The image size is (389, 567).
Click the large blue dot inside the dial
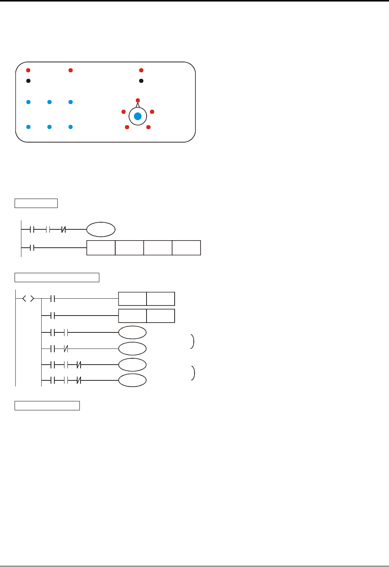(x=138, y=116)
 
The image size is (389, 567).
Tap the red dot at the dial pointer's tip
(x=138, y=100)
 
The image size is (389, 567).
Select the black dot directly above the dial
(x=141, y=81)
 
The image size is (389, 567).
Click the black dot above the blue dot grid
(x=28, y=81)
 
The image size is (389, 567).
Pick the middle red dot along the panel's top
(x=70, y=70)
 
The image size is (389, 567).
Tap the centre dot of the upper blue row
(x=49, y=102)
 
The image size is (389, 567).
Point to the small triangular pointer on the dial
(x=138, y=105)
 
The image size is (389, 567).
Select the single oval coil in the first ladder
(x=100, y=229)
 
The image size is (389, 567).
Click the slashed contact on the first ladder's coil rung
(x=63, y=229)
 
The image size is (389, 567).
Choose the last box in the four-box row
(x=186, y=248)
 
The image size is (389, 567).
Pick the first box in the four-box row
(x=101, y=248)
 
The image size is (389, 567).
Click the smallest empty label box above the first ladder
(x=36, y=203)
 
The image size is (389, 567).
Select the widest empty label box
(x=57, y=277)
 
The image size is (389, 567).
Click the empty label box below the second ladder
(x=47, y=405)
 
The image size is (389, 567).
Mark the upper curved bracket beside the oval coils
(x=192, y=341)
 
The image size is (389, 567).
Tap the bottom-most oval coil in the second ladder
(x=132, y=380)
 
